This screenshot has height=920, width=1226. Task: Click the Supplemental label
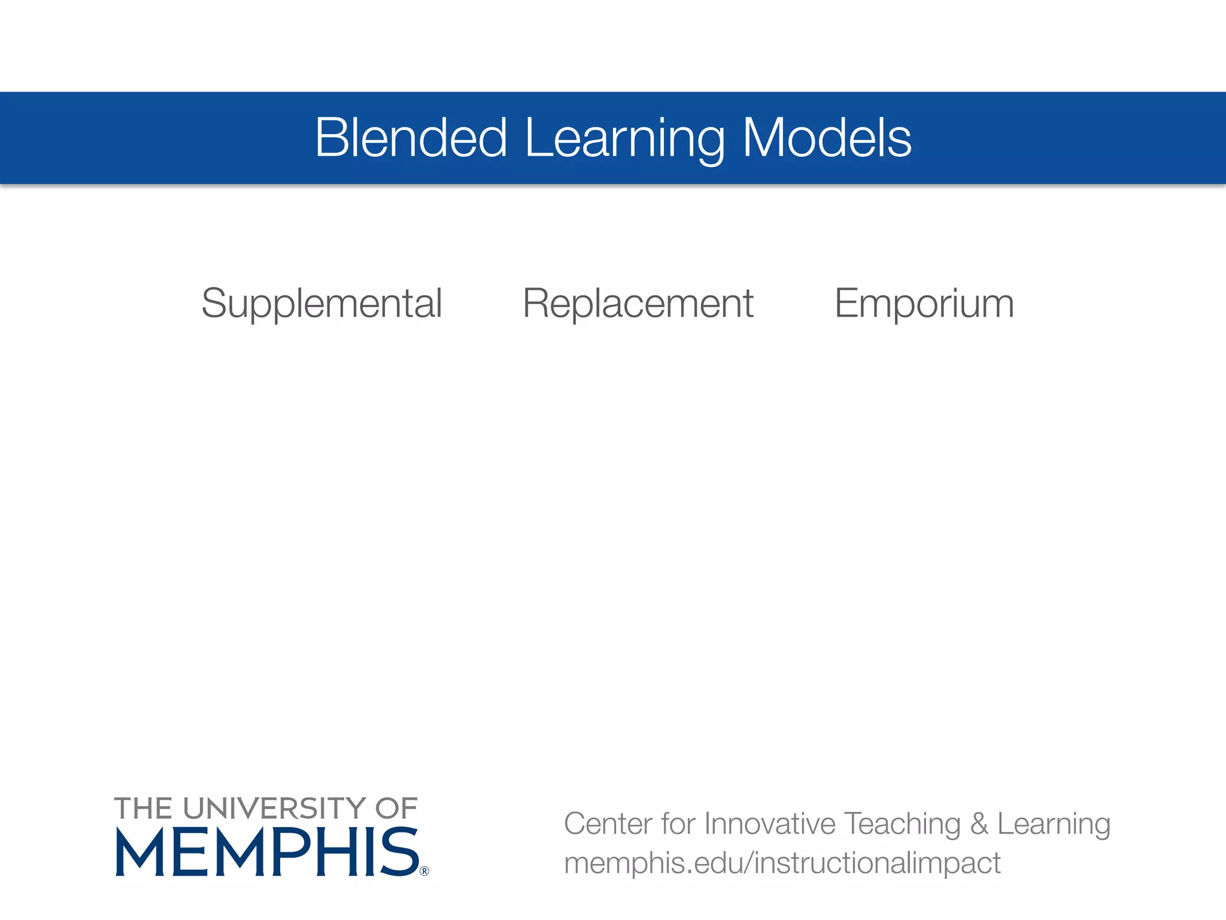tap(321, 304)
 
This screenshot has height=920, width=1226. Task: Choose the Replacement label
tap(638, 304)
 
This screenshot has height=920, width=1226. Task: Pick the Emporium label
tap(924, 304)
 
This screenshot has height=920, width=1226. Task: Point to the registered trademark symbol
tap(424, 871)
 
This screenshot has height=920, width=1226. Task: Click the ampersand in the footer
tap(979, 824)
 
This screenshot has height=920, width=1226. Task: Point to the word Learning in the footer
tap(1054, 825)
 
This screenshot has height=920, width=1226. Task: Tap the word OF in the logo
tap(396, 809)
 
